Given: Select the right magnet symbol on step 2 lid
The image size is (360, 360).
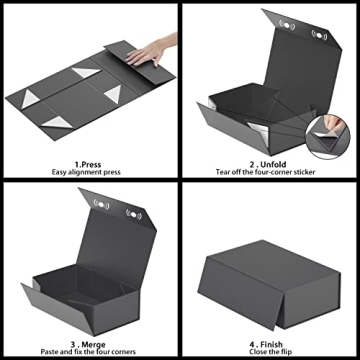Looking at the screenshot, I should [x=320, y=35].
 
